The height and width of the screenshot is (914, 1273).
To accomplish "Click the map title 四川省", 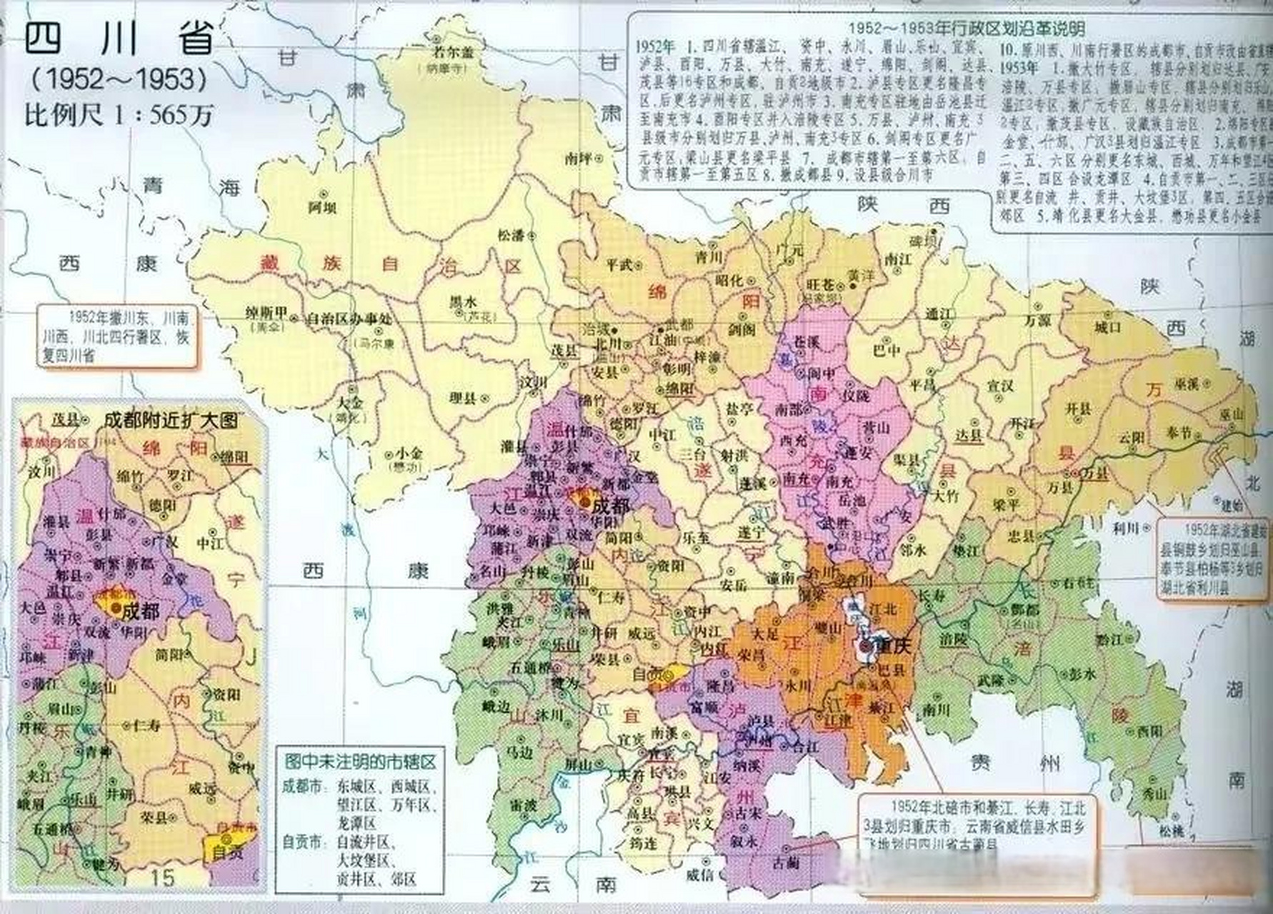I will click(119, 39).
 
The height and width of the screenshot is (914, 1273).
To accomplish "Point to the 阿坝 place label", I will click(322, 207).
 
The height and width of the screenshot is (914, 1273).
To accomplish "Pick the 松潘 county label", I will click(511, 233).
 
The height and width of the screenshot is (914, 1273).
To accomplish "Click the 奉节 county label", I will click(1159, 433).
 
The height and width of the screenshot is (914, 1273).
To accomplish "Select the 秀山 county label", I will click(1152, 793).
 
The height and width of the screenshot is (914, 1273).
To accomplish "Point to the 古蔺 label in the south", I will click(786, 863).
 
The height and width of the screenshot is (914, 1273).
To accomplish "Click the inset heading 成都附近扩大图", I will click(170, 421).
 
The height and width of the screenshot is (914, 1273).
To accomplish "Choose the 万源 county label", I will click(1037, 321).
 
